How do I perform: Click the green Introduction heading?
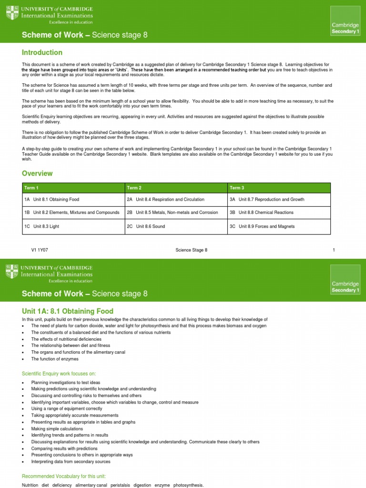(42, 52)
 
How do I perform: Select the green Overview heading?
(37, 173)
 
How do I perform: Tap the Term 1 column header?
(31, 188)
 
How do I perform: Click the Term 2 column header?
(134, 188)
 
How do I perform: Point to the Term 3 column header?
(237, 188)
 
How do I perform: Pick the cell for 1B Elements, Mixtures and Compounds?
(71, 213)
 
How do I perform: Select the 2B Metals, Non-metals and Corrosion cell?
(172, 213)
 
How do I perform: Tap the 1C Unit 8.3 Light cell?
(41, 226)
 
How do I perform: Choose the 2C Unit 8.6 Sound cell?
(146, 226)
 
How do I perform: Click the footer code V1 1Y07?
(40, 250)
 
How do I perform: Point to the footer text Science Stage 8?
(191, 250)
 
